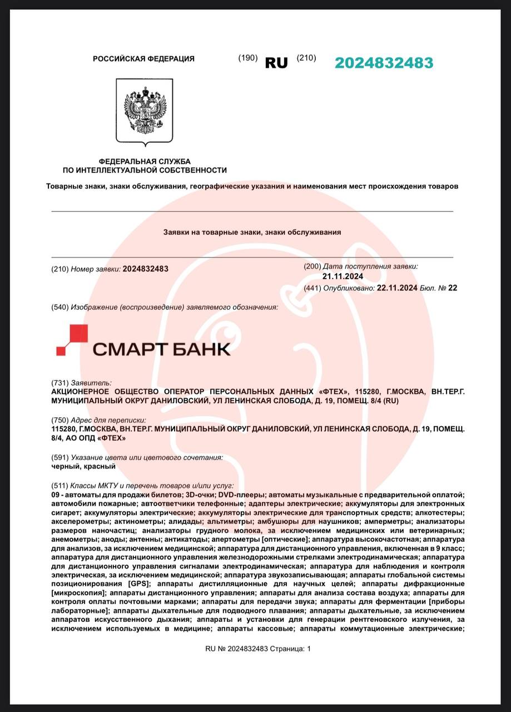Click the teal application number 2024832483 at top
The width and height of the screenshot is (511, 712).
pyautogui.click(x=384, y=63)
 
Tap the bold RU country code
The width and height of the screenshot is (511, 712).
pyautogui.click(x=276, y=63)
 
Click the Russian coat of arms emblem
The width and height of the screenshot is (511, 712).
pyautogui.click(x=145, y=111)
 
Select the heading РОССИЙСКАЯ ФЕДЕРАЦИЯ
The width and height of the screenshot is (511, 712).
pyautogui.click(x=143, y=59)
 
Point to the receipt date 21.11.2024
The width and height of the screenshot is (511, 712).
pyautogui.click(x=343, y=276)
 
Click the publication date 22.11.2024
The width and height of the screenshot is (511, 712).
pyautogui.click(x=397, y=288)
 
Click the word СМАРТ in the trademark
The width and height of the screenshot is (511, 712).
pyautogui.click(x=126, y=349)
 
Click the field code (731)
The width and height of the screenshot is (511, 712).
pyautogui.click(x=59, y=383)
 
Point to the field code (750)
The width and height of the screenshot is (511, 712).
pyautogui.click(x=59, y=420)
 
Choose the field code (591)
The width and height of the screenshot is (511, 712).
pyautogui.click(x=59, y=457)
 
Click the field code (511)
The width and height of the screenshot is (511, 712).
pyautogui.click(x=59, y=486)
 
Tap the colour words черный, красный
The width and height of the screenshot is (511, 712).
pyautogui.click(x=83, y=466)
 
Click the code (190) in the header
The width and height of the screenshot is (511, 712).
pyautogui.click(x=247, y=58)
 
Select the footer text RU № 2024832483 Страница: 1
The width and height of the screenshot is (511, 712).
pyautogui.click(x=258, y=649)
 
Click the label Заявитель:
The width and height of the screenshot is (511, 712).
pyautogui.click(x=91, y=383)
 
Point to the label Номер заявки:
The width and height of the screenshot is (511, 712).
pyautogui.click(x=95, y=269)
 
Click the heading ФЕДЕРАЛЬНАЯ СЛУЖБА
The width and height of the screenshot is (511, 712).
pyautogui.click(x=145, y=161)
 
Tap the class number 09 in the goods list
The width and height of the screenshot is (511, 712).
pyautogui.click(x=55, y=495)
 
